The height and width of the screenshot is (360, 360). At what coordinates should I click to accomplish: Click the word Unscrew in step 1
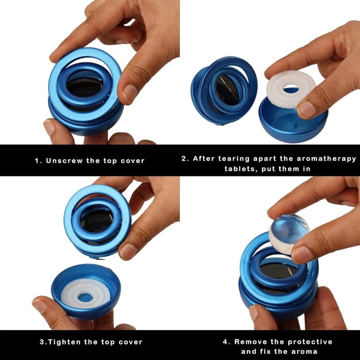point(64,161)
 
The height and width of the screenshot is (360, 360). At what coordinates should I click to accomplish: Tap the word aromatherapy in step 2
point(327,159)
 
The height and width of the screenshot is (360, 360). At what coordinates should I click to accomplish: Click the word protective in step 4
point(310,342)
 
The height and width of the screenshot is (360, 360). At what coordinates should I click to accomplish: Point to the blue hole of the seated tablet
point(85,298)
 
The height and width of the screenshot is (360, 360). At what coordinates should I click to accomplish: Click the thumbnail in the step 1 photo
point(130,94)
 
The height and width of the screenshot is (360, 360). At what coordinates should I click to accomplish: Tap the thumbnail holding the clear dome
point(301,254)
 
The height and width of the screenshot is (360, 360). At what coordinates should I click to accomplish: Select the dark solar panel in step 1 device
point(85,88)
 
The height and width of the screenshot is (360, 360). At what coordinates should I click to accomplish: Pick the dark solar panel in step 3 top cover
point(97,221)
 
